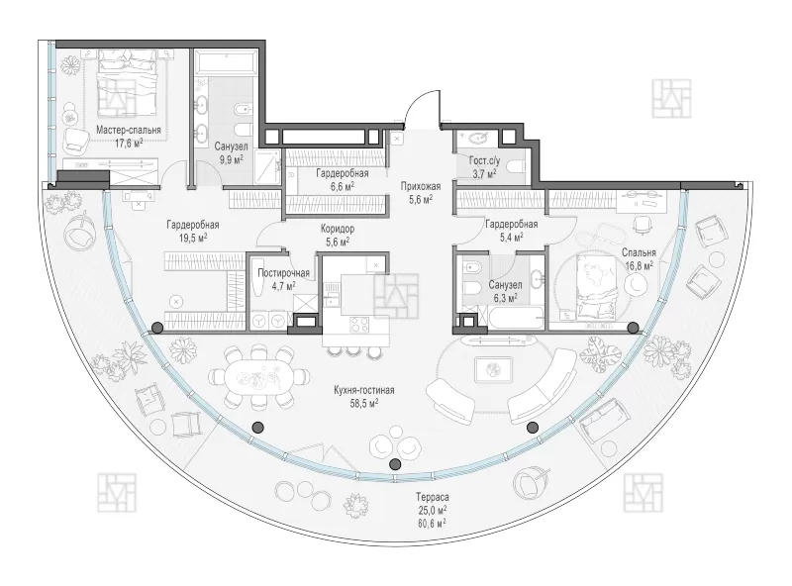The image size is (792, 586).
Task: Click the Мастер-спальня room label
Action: tap(129, 131)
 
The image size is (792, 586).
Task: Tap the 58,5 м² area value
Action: tap(364, 403)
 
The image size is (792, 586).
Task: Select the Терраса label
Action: tap(433, 497)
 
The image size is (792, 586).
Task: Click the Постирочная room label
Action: tap(283, 273)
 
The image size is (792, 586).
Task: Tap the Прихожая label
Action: tap(421, 186)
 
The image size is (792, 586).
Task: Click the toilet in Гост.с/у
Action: tap(517, 166)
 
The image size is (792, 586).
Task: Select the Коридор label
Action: tap(338, 229)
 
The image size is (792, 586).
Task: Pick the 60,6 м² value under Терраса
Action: tap(432, 524)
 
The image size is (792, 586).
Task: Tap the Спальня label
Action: tap(639, 252)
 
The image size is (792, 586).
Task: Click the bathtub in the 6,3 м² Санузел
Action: tap(510, 317)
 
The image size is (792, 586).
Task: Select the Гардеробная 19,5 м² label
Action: tap(193, 225)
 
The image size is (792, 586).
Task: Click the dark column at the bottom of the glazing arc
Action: tap(395, 463)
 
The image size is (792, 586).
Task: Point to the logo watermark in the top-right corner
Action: tap(671, 98)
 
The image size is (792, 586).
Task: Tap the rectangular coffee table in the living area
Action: tap(493, 368)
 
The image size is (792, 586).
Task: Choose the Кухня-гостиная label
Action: tap(363, 390)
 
